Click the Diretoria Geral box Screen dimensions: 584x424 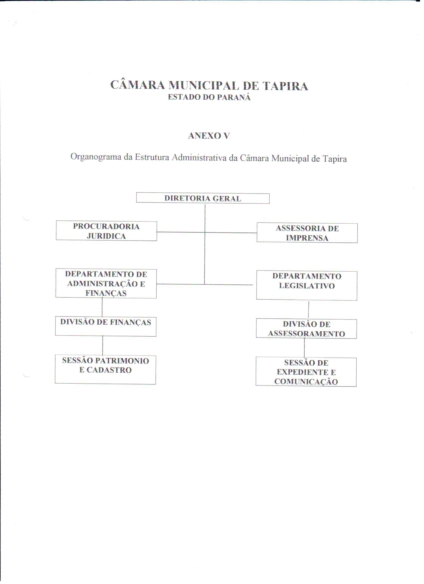click(203, 198)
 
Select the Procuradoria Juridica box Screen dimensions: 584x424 click(106, 231)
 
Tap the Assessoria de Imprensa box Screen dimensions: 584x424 click(307, 233)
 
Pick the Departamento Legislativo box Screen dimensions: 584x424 click(307, 286)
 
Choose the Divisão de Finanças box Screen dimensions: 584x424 click(106, 326)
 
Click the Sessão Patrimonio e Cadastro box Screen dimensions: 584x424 click(105, 369)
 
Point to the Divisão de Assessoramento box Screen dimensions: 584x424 click(306, 329)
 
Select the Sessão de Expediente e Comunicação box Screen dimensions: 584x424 click(306, 372)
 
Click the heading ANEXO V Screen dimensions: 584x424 click(209, 136)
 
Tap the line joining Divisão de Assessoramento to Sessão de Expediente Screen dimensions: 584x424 click(305, 348)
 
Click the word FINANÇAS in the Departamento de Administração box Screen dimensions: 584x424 click(106, 293)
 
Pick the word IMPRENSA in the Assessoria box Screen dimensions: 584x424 click(307, 238)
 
